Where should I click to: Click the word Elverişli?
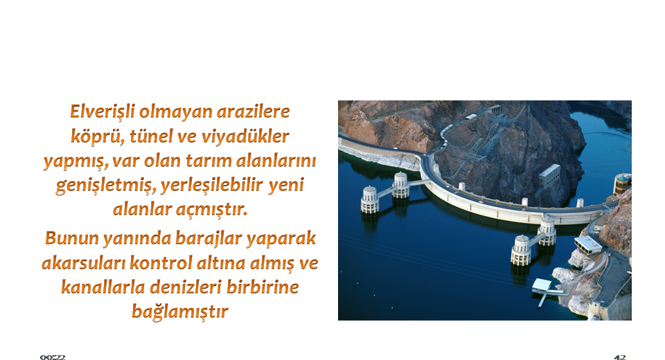[x=103, y=112]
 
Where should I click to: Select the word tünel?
[x=150, y=136]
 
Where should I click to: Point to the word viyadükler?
[x=245, y=137]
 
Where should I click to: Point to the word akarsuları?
[x=83, y=263]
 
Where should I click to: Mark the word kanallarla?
[x=103, y=287]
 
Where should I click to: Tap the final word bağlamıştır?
[x=180, y=312]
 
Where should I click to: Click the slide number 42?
[x=619, y=357]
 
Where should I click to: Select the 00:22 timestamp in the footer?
[x=53, y=357]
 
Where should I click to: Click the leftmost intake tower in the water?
[x=370, y=199]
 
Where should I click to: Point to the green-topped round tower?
[x=622, y=184]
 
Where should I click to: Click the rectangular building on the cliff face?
[x=549, y=175]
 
